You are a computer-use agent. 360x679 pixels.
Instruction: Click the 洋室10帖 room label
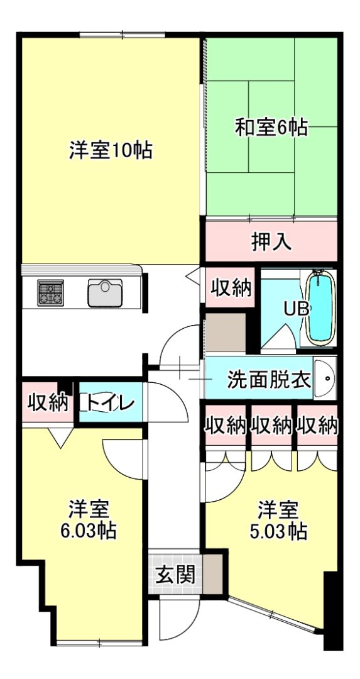point(111,150)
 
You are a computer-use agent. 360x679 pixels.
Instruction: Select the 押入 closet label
point(272,242)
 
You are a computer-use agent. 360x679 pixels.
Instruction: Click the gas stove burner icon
point(50,293)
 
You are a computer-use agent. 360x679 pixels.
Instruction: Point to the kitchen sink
point(105,293)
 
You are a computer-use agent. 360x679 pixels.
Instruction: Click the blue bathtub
point(320,307)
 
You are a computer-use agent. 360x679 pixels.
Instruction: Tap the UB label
point(297,308)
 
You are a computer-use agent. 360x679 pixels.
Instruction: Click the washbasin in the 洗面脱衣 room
point(325,379)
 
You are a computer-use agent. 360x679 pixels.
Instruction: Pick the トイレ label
point(107,404)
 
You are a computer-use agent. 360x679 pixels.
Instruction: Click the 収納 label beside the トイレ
point(48,403)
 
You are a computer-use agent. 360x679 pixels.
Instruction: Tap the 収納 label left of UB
point(231,289)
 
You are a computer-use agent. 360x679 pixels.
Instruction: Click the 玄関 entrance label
point(175,575)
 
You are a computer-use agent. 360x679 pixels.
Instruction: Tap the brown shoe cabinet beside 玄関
point(212,574)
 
